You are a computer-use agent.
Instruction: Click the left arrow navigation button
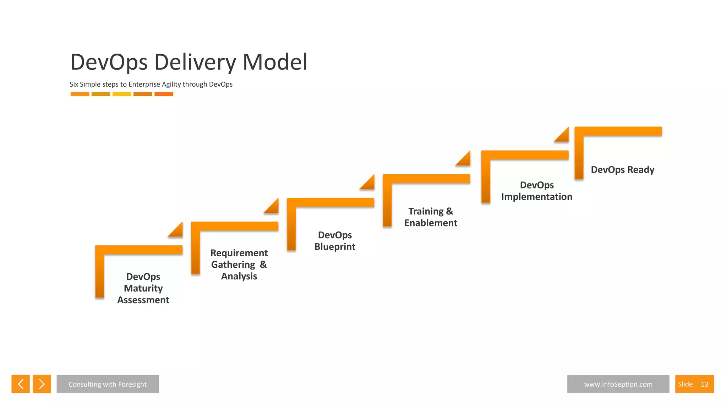click(21, 384)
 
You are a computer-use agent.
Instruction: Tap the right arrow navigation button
click(42, 384)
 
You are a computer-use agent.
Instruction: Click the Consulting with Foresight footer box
click(108, 384)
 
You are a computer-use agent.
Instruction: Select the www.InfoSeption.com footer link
click(618, 384)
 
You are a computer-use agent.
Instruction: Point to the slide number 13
click(704, 385)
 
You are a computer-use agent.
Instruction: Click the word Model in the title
click(275, 62)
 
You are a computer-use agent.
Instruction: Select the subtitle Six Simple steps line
click(151, 84)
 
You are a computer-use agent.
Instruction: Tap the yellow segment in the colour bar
click(122, 94)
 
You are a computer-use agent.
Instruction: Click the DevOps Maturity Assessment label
click(143, 288)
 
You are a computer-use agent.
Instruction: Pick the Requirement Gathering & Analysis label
click(239, 265)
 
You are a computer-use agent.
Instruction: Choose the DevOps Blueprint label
click(335, 241)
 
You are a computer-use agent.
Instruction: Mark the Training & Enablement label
click(431, 217)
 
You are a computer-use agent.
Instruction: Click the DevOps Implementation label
click(536, 191)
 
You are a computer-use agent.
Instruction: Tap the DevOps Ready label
click(622, 170)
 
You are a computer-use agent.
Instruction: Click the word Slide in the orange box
click(685, 384)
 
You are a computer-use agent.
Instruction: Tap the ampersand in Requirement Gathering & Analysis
click(263, 265)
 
